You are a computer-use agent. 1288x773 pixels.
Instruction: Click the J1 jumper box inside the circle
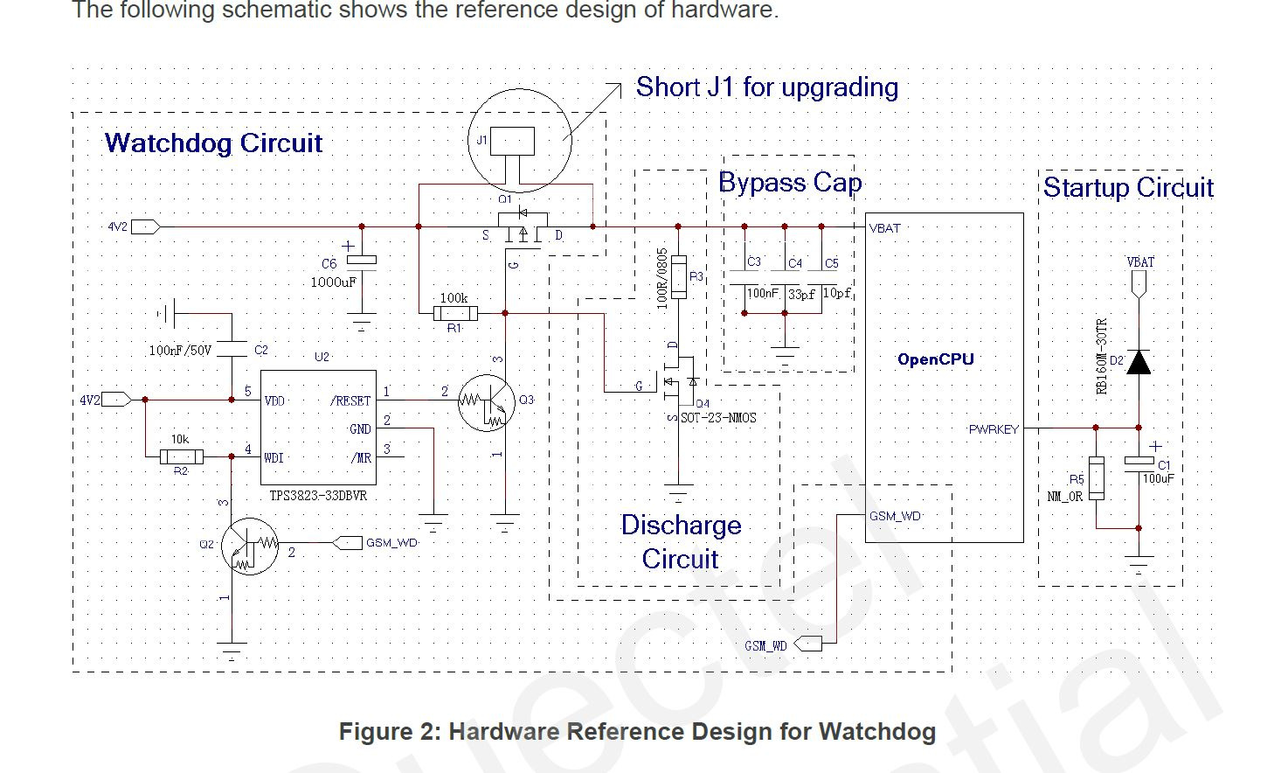click(x=512, y=141)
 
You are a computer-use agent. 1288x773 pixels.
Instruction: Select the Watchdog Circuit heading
click(x=213, y=143)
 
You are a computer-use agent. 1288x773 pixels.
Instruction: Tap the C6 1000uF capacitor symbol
click(x=361, y=260)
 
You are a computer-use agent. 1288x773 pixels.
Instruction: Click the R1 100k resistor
click(x=455, y=313)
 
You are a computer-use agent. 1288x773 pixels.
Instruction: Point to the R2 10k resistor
click(x=182, y=456)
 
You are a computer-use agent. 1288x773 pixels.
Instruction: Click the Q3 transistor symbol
click(x=487, y=402)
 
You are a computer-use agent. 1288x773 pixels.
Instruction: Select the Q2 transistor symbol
click(x=250, y=546)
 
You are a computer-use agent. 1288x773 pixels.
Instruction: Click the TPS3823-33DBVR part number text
click(x=318, y=496)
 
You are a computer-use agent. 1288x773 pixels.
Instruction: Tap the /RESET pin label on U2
click(x=350, y=400)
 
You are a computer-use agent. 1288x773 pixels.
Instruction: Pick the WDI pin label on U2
click(x=274, y=457)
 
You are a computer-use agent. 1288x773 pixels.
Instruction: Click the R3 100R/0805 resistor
click(x=678, y=277)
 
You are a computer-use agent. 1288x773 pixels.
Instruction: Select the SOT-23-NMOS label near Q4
click(x=717, y=418)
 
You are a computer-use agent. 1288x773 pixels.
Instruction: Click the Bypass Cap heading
click(x=790, y=183)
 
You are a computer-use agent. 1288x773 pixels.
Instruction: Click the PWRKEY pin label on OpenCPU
click(x=994, y=429)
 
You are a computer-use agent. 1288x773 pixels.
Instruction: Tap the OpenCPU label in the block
click(x=935, y=359)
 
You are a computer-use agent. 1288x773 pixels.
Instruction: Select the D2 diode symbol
click(x=1138, y=361)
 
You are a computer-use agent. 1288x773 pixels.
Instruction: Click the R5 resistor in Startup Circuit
click(x=1096, y=478)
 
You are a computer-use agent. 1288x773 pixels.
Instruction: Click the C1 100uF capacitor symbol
click(x=1139, y=461)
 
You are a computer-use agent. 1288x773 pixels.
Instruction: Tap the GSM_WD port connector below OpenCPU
click(x=809, y=644)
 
